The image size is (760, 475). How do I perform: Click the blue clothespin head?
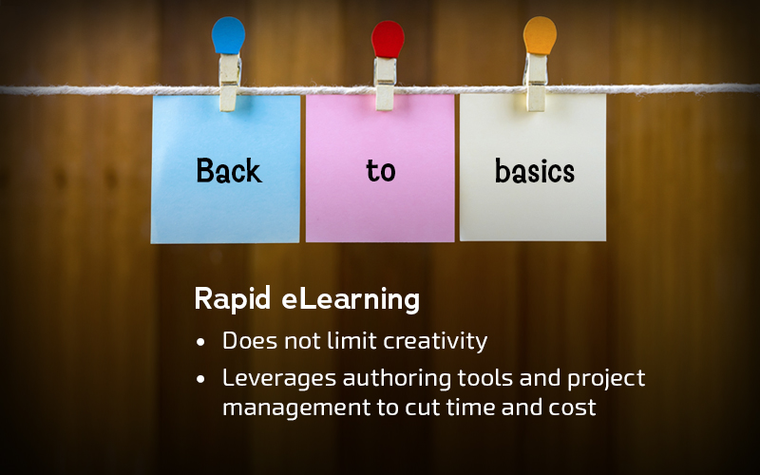click(x=228, y=35)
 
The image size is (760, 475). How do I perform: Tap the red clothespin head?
click(x=388, y=39)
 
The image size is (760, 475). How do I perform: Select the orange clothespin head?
click(x=540, y=35)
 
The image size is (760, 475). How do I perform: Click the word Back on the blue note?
click(x=229, y=171)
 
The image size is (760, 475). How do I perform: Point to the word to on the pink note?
click(x=381, y=171)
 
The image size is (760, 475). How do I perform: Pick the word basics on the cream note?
click(x=535, y=171)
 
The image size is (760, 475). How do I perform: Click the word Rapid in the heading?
click(x=232, y=298)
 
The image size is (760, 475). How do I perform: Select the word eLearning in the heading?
click(x=351, y=299)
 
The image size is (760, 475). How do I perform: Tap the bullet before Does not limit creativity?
click(x=200, y=342)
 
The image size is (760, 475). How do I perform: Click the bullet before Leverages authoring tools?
click(x=200, y=379)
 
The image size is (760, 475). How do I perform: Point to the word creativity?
click(x=435, y=341)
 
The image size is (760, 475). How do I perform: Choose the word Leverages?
click(x=279, y=378)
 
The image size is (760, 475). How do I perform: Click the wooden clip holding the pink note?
click(x=386, y=84)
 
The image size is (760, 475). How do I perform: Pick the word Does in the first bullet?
click(x=250, y=341)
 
